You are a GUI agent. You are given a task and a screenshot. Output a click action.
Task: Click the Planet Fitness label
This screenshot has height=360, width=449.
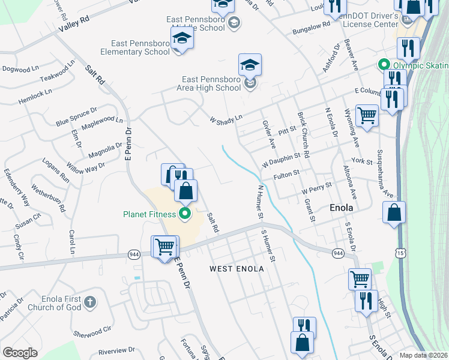[149, 214]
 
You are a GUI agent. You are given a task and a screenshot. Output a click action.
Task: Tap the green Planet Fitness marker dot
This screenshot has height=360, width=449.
[185, 214]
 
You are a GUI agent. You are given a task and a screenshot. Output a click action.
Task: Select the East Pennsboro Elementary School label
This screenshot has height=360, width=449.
[141, 47]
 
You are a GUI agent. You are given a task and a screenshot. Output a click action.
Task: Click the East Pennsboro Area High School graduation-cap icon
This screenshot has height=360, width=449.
[250, 65]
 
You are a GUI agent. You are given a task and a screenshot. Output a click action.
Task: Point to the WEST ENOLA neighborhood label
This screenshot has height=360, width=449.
[237, 269]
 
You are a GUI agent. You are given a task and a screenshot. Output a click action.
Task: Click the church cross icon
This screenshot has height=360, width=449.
[89, 302]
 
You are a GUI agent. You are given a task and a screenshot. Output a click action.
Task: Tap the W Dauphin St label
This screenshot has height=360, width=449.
[281, 160]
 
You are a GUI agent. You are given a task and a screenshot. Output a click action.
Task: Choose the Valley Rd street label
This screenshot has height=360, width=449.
[74, 25]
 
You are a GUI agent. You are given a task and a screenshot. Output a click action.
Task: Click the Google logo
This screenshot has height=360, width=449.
[20, 353]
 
